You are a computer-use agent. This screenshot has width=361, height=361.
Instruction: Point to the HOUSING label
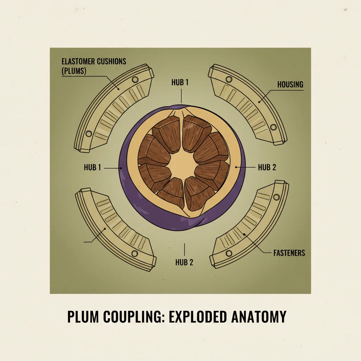(290, 85)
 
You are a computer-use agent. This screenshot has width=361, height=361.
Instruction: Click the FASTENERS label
(289, 253)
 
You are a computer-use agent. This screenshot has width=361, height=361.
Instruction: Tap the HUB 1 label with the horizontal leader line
(92, 167)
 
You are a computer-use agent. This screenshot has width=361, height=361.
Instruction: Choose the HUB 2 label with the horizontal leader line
(267, 167)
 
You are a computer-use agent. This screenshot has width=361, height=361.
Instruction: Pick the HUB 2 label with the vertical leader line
(184, 262)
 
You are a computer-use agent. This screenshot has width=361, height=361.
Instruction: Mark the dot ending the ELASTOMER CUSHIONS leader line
(118, 88)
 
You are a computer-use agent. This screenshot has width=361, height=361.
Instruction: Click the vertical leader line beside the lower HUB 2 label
(184, 249)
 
